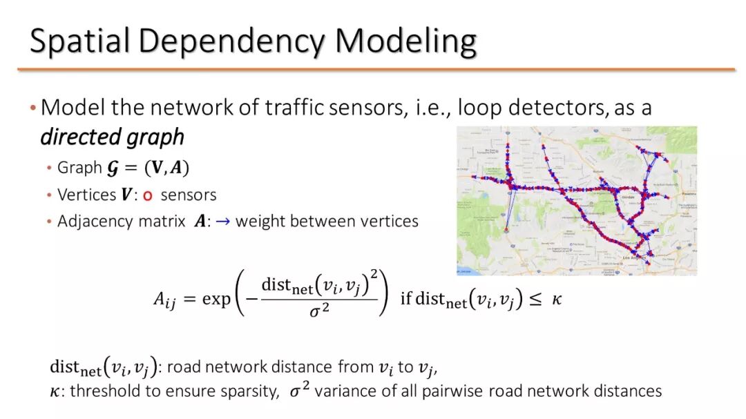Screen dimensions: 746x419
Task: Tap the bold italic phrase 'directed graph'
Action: tap(113, 137)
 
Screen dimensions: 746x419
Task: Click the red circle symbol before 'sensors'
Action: tap(147, 195)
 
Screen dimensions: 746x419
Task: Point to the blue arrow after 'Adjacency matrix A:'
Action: tap(222, 222)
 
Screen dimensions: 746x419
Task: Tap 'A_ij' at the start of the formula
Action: tap(164, 300)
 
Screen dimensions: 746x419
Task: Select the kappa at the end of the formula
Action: tap(557, 300)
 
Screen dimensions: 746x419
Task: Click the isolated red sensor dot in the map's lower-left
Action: tap(506, 230)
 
